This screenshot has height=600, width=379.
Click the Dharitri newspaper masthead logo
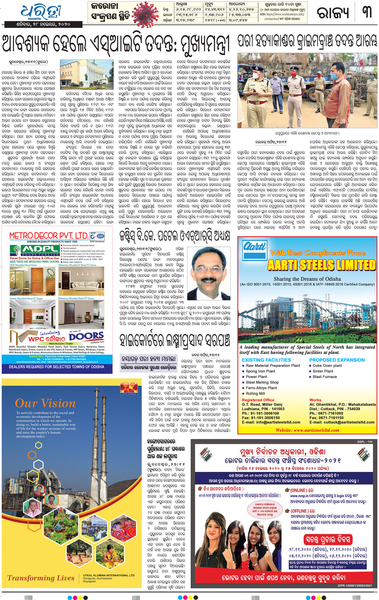tap(41, 12)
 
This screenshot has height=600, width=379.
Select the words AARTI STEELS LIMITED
tap(321, 265)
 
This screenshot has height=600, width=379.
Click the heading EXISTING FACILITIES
tap(266, 360)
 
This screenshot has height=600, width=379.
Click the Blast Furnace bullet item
tap(324, 377)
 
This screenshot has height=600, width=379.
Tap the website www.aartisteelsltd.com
tap(307, 430)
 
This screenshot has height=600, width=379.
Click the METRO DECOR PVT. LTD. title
tap(49, 235)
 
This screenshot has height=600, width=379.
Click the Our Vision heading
tap(45, 403)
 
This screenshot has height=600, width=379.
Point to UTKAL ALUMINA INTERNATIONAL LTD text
tap(109, 575)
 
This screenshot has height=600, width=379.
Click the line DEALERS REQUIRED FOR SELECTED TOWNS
tap(56, 367)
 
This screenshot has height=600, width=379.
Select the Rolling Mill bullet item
tap(255, 393)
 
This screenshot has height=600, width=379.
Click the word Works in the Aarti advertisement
tap(315, 400)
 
